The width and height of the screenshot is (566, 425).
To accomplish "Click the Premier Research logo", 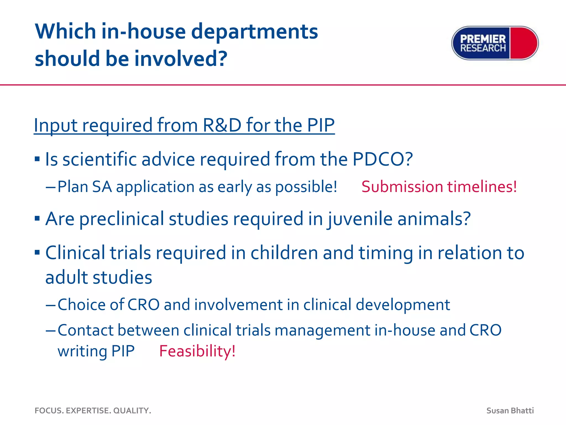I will click(x=495, y=43).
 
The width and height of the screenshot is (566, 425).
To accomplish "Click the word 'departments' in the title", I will click(x=254, y=32).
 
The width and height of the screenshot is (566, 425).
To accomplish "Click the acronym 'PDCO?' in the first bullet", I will click(x=382, y=159).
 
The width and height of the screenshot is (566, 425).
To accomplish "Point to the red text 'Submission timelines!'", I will click(x=439, y=187).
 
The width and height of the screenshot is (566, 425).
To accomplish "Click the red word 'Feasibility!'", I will click(x=197, y=351).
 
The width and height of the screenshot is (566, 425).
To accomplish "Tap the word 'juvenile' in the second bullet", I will click(x=360, y=219).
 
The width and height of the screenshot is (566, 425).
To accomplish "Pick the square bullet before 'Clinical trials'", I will click(x=37, y=252).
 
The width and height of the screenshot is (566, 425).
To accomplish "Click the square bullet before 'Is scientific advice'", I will click(x=37, y=159).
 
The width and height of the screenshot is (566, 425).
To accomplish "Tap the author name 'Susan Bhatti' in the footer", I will click(x=510, y=411).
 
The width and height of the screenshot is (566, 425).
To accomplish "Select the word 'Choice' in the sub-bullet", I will click(x=81, y=305).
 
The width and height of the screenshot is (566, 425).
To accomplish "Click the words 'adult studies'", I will click(x=99, y=278).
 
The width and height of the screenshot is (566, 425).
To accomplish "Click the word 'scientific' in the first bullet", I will click(x=99, y=159).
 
